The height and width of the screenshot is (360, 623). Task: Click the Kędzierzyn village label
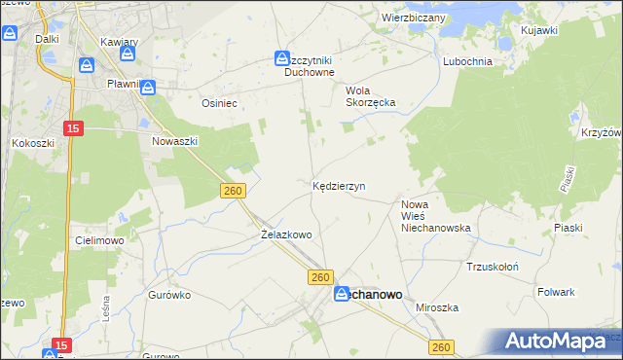(x=339, y=185)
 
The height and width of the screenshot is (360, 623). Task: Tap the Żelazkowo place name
(x=286, y=234)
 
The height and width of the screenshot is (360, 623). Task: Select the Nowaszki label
(x=175, y=141)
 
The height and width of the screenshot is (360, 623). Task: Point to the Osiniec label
(x=219, y=102)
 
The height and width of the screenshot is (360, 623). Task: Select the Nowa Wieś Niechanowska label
(x=435, y=216)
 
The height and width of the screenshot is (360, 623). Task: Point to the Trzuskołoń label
(x=493, y=267)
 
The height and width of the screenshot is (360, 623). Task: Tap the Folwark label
(x=556, y=291)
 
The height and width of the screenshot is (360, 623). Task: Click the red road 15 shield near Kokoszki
(x=73, y=127)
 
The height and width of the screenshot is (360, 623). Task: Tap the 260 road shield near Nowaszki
(x=232, y=192)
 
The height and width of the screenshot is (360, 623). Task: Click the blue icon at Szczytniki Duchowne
(x=282, y=59)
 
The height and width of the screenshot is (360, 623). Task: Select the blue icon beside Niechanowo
(x=343, y=294)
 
